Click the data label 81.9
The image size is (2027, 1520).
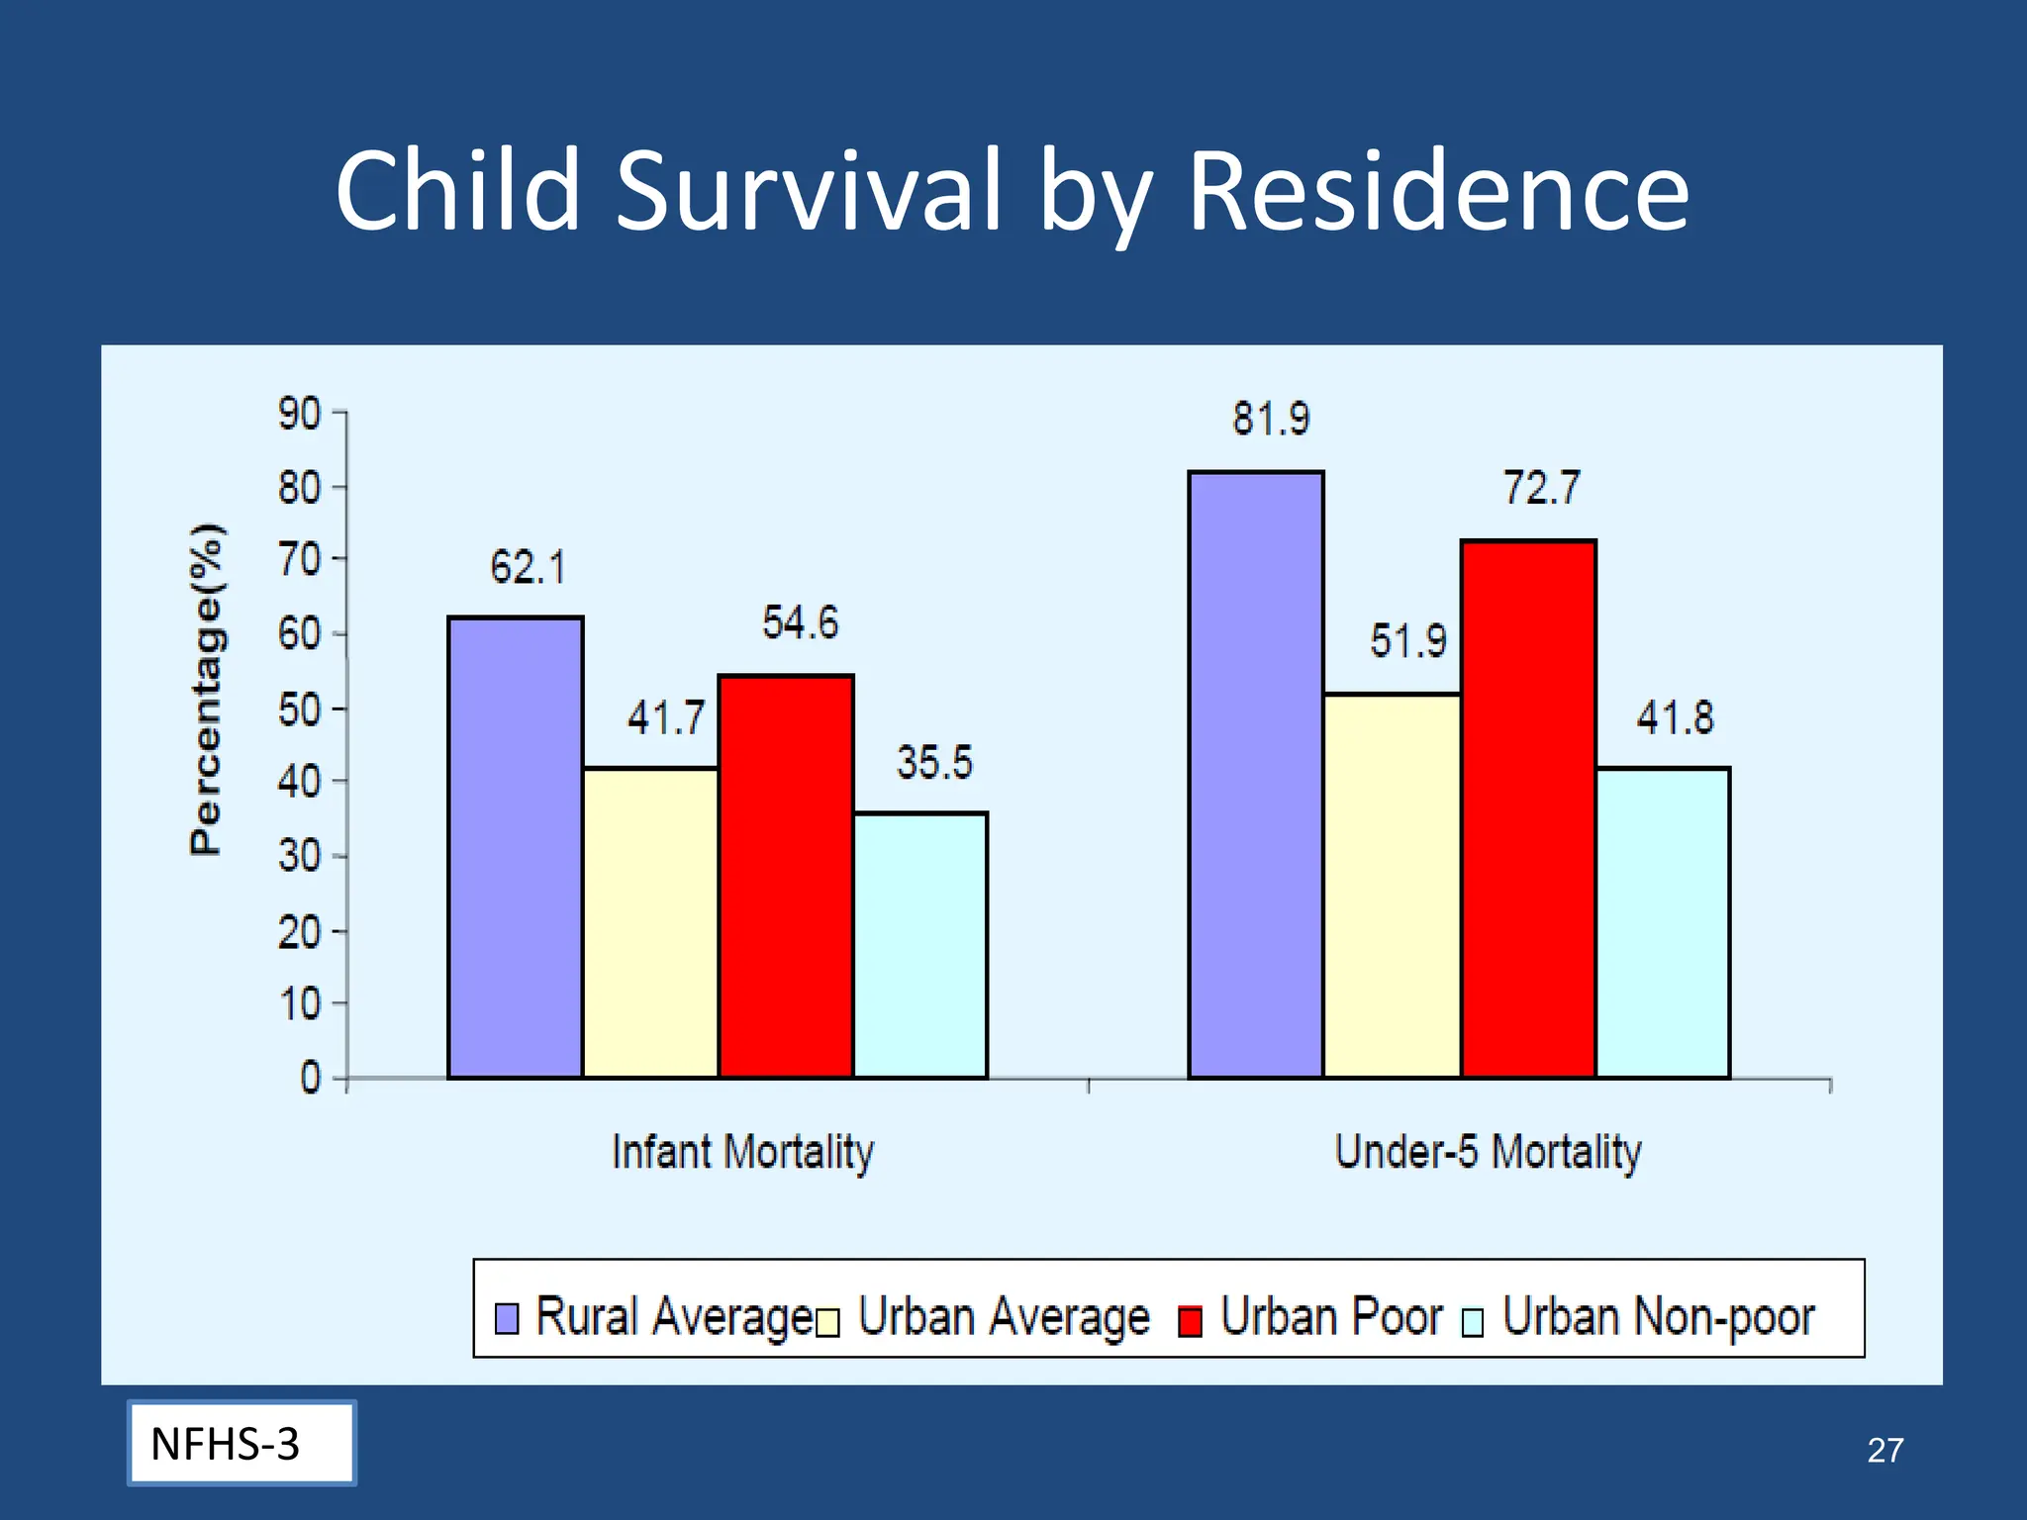(x=1271, y=419)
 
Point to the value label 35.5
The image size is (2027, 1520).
(x=934, y=763)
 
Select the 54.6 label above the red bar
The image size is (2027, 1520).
(x=800, y=623)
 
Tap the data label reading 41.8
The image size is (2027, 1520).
(x=1675, y=717)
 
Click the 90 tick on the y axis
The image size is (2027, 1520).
(x=299, y=414)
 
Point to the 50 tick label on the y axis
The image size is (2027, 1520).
(x=299, y=710)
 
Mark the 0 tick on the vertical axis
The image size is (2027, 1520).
(x=311, y=1078)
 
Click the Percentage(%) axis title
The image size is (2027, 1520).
(x=207, y=689)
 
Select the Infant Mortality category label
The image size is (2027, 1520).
(x=742, y=1153)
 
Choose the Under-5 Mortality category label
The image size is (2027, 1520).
(x=1488, y=1153)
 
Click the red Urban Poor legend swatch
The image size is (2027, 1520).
(x=1191, y=1321)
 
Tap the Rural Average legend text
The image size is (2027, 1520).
(x=673, y=1317)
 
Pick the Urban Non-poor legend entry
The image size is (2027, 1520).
(x=1658, y=1317)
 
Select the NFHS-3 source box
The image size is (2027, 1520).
(x=241, y=1443)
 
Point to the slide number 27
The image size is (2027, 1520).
(x=1884, y=1450)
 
